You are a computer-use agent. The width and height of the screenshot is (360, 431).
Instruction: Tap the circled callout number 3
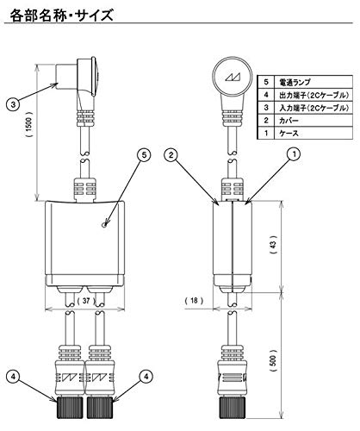(13, 104)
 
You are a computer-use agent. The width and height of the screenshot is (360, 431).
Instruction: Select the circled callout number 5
(145, 155)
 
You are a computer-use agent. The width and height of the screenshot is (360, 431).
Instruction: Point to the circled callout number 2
(171, 155)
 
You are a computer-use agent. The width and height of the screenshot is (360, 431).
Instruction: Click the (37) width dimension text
(84, 303)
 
